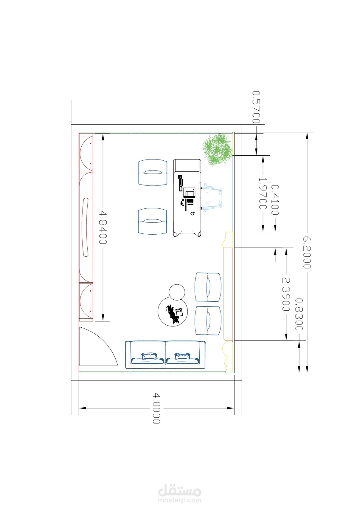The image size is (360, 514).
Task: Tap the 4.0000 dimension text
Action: (156, 408)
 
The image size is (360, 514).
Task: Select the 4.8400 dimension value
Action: (103, 227)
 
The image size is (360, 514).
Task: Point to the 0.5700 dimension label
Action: (256, 107)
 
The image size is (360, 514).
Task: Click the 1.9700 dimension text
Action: (263, 193)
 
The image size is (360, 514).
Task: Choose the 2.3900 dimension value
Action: (286, 294)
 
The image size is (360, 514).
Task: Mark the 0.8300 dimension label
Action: (299, 315)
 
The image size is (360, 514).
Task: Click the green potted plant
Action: (217, 150)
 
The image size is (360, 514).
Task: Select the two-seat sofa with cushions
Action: (165, 355)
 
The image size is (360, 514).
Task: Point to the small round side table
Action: (177, 292)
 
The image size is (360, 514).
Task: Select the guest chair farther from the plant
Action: (153, 222)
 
